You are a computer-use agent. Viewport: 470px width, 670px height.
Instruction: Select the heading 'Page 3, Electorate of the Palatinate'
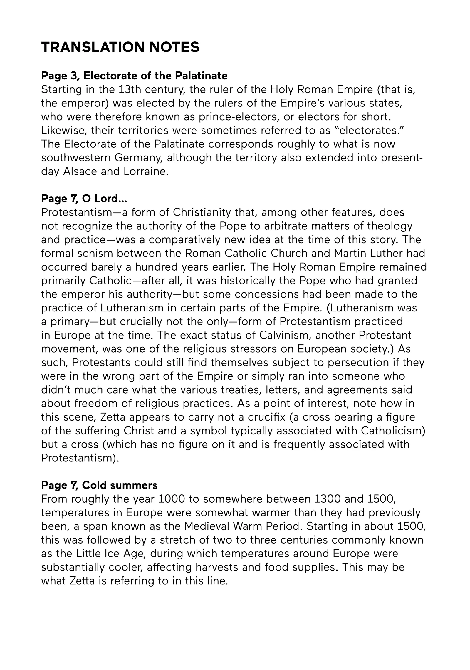click(134, 76)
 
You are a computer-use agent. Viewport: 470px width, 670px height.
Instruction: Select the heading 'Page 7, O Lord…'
click(84, 199)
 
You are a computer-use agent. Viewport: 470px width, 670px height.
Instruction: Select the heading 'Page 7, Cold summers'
click(99, 485)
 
